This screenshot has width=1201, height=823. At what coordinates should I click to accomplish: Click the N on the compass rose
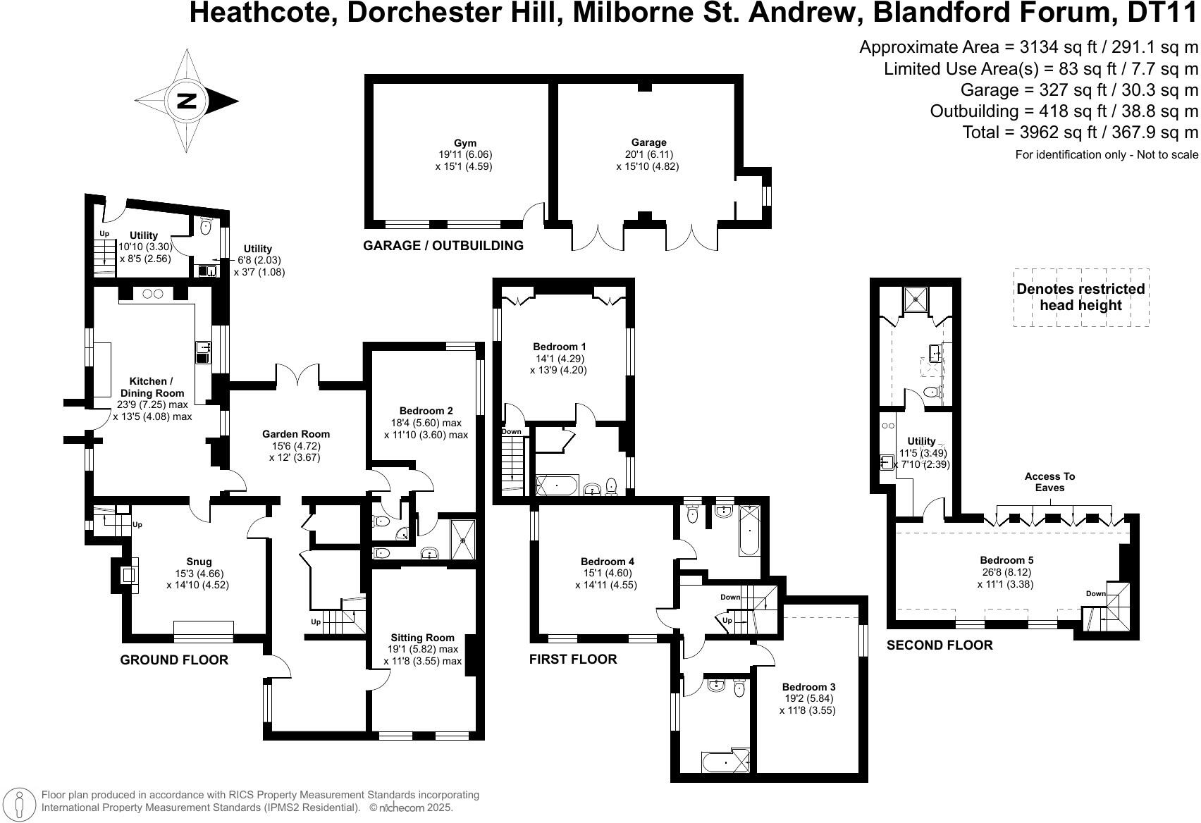pos(187,101)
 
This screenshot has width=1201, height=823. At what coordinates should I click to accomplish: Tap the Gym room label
pos(463,142)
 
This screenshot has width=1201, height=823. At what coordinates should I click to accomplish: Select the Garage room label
pos(648,142)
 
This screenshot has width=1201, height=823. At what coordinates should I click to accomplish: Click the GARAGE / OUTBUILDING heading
pos(443,245)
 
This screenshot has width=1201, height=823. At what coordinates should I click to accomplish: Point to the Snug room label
pos(198,562)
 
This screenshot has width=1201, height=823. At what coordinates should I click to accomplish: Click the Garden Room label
pos(296,434)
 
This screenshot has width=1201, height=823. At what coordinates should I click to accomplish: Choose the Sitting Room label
pos(421,638)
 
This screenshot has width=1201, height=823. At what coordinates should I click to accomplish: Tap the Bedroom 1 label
pos(559,347)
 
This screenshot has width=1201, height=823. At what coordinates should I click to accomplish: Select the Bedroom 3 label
pos(808,687)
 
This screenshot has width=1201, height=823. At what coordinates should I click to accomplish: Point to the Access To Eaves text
pos(1049,482)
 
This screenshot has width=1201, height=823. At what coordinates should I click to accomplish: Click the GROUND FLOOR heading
pos(174,660)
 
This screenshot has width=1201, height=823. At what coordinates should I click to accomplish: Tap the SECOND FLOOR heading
pos(939,645)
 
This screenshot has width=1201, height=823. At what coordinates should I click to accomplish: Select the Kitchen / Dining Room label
pos(152,388)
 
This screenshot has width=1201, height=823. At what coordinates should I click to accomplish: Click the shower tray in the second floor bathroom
pos(916,300)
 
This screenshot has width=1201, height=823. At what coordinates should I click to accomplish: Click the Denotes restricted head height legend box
pos(1080,297)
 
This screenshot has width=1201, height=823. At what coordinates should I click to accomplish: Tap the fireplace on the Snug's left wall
pos(127,575)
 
